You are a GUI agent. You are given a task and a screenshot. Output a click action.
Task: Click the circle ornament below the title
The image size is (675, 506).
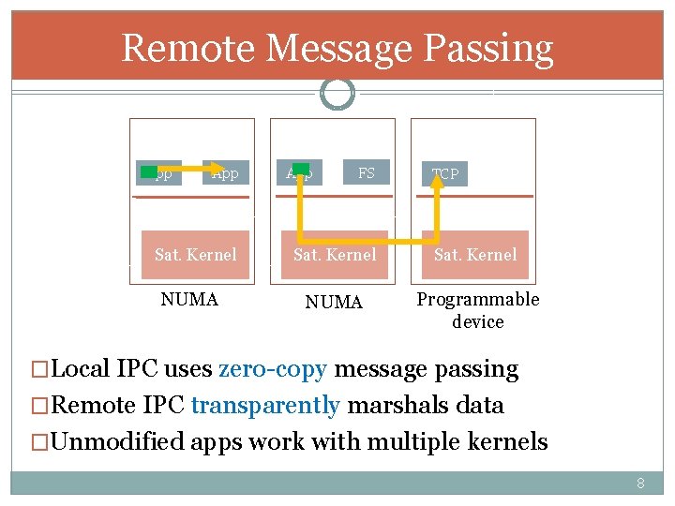(337, 93)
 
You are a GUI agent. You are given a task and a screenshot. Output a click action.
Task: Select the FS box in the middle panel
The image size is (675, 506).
(366, 173)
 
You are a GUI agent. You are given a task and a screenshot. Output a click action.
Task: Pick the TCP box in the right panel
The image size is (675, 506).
(445, 173)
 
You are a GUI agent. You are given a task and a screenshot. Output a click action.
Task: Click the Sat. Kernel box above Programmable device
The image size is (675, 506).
(475, 255)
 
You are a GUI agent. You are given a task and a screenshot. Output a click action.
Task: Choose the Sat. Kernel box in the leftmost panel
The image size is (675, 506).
(196, 255)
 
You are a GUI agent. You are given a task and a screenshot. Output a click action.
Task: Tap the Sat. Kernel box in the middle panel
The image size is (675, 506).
(335, 255)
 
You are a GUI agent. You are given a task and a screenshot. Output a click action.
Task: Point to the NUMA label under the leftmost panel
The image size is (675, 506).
(189, 300)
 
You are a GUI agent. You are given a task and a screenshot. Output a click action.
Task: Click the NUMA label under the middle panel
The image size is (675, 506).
(335, 302)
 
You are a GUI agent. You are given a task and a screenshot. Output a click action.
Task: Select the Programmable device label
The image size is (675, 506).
(478, 310)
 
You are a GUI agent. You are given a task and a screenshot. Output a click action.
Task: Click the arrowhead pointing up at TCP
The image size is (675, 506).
(437, 182)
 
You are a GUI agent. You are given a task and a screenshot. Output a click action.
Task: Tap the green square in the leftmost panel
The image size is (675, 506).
(149, 171)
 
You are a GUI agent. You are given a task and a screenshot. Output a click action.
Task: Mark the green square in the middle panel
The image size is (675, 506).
(301, 169)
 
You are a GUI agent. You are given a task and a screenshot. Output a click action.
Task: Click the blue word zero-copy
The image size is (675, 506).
(273, 369)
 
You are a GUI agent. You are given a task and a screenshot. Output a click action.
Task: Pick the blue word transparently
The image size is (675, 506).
(265, 406)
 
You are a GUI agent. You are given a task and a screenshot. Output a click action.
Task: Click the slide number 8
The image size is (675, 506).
(641, 484)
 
